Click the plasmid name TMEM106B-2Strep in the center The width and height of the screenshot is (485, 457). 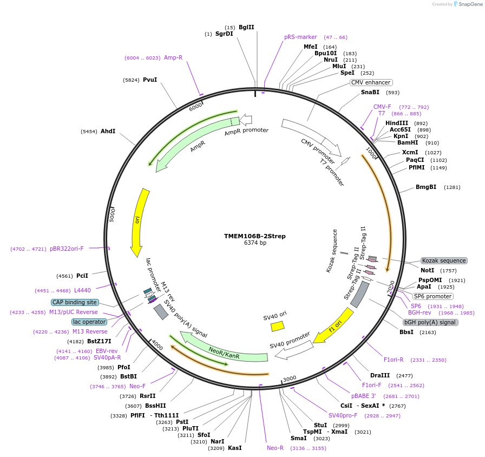pos(254,236)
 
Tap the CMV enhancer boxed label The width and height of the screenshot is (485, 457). pos(371,82)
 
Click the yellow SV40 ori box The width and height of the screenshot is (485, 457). pos(278,326)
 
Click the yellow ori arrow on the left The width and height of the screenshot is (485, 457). pos(139,222)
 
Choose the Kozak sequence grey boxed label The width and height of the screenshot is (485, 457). pos(444,260)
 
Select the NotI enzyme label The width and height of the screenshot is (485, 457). pos(428,270)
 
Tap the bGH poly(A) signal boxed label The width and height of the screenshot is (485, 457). pos(430,322)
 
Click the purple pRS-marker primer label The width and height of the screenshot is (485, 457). pos(300,37)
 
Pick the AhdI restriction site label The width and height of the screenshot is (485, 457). pos(108,131)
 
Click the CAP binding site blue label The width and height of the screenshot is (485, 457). pos(75,302)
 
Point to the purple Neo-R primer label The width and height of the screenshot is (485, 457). pos(275,448)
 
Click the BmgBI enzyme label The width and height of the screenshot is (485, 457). pos(425,187)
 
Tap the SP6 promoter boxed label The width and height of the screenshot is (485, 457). pos(432,296)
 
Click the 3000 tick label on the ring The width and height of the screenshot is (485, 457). pos(289,378)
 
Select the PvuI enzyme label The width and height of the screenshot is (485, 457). pos(150,80)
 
